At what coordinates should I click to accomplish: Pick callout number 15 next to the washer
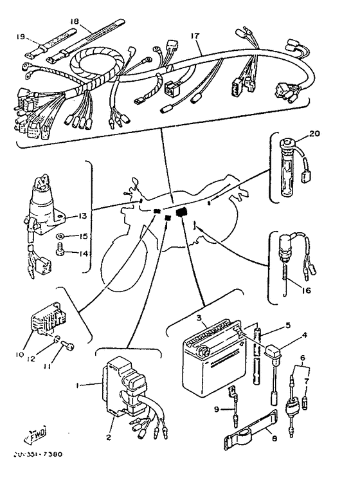tap(84, 237)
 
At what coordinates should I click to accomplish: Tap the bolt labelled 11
tap(67, 346)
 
